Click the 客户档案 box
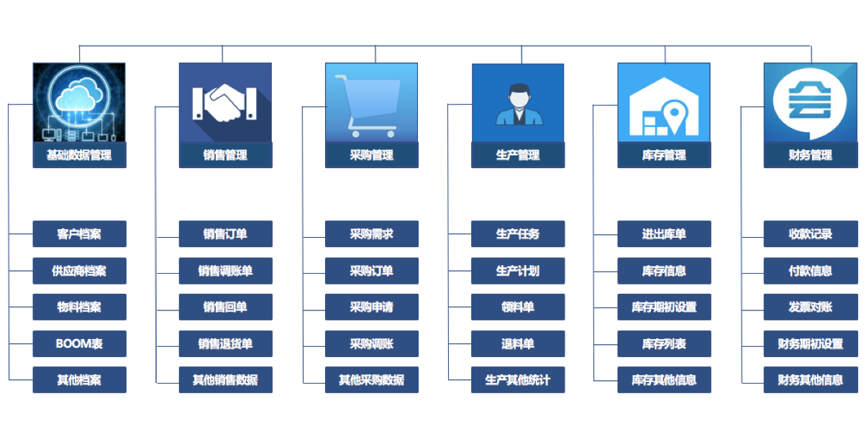(x=79, y=234)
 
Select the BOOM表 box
(x=79, y=343)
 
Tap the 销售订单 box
(x=225, y=234)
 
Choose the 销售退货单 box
(x=225, y=343)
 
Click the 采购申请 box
(x=371, y=307)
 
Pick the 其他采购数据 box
(x=371, y=380)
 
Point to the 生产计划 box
(x=518, y=271)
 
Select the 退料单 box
(x=518, y=343)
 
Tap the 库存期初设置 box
(x=664, y=307)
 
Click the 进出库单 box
(x=664, y=234)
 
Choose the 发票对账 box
(x=810, y=307)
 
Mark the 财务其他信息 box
(x=810, y=380)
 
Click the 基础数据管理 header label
(x=79, y=155)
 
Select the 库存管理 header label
(x=664, y=155)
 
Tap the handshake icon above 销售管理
(x=224, y=103)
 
